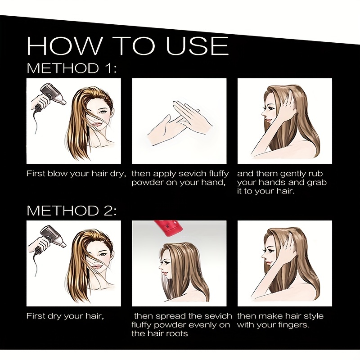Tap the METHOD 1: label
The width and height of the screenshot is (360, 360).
pos(72,68)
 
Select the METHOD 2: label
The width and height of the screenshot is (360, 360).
pos(72,210)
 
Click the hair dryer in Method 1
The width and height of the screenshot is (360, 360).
pos(52,96)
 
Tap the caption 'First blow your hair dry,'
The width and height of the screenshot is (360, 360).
pos(76,174)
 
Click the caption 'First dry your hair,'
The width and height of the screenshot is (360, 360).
pos(65,316)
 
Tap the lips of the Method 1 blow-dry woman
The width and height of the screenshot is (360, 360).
pos(98,124)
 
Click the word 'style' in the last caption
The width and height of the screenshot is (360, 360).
pos(313,316)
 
